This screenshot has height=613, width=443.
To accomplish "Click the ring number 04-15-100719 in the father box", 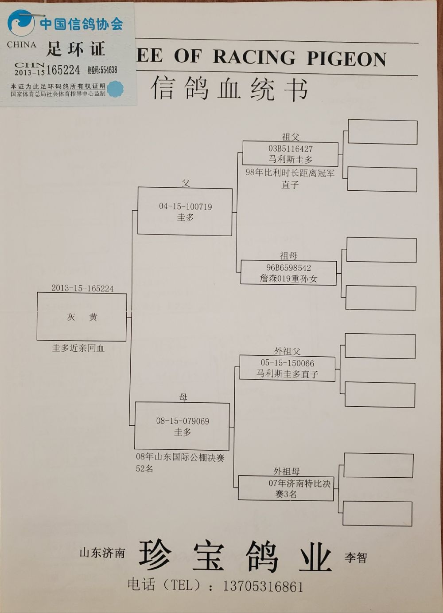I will coord(185,206).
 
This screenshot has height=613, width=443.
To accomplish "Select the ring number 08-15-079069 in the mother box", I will coord(183,421).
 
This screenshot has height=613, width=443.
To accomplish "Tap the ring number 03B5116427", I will coord(290,149).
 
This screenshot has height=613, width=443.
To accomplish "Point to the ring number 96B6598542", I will coord(288,267).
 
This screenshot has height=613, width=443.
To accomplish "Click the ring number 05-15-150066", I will coord(287,363).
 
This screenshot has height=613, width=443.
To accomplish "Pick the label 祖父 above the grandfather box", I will coord(291,137).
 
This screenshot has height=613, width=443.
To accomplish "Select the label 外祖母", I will coord(286,471).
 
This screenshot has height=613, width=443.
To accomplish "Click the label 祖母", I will coord(288,256).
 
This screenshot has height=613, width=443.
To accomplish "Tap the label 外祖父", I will coord(287,351).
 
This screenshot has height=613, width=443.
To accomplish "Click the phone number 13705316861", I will coord(263,586).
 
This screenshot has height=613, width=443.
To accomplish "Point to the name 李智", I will coord(356,558).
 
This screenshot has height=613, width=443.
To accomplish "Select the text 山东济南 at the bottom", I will coord(102,553).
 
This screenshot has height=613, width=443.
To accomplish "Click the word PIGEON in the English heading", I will coord(346,58).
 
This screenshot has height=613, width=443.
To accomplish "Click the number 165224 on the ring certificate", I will coord(63,70).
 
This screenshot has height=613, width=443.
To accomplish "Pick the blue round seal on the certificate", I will coord(115,89).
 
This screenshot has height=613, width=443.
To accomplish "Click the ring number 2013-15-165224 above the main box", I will coord(82,288).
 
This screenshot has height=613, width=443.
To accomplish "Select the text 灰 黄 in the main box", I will coord(82,317).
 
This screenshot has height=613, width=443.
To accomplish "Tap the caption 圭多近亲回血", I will coord(78,348).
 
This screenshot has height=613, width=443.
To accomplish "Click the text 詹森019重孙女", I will coord(288,279).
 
